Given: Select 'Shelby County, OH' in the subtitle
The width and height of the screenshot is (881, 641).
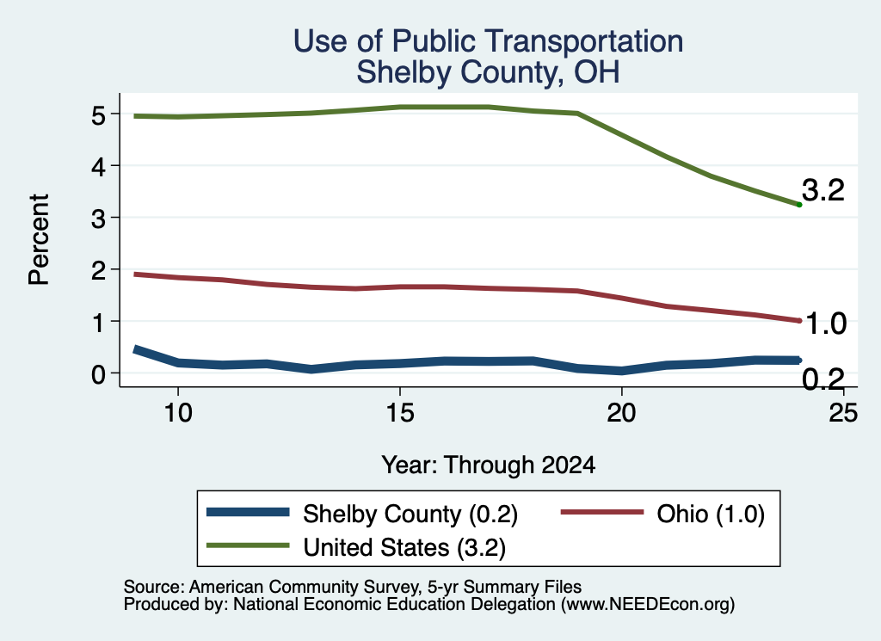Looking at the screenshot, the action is tap(489, 72).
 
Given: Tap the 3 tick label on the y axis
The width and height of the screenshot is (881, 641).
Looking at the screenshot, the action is tap(99, 219).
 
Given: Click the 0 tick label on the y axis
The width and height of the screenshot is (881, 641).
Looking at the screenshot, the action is tap(99, 374).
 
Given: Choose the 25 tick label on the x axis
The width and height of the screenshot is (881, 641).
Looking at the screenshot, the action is tap(843, 414).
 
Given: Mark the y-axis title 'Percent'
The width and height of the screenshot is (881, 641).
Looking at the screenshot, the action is tap(39, 240).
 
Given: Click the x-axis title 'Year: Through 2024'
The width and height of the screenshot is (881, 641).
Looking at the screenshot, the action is tap(489, 465).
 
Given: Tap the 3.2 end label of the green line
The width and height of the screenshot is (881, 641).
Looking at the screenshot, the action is tap(823, 190).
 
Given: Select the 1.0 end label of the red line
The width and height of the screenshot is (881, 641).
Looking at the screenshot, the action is tap(826, 324).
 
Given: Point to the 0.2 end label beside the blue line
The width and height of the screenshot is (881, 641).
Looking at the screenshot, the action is tap(823, 379).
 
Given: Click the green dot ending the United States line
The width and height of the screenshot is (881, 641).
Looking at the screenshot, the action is tap(799, 205).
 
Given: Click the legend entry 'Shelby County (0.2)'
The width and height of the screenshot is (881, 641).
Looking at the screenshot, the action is tap(410, 514).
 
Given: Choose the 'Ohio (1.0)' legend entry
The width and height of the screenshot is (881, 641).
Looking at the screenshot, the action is tap(711, 514).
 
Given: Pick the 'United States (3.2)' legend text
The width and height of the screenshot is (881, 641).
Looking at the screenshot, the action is tap(404, 548).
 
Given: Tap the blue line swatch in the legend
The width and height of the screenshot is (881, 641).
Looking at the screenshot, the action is tap(248, 512).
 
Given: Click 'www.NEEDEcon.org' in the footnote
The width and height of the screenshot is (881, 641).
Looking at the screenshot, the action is tap(648, 605).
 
